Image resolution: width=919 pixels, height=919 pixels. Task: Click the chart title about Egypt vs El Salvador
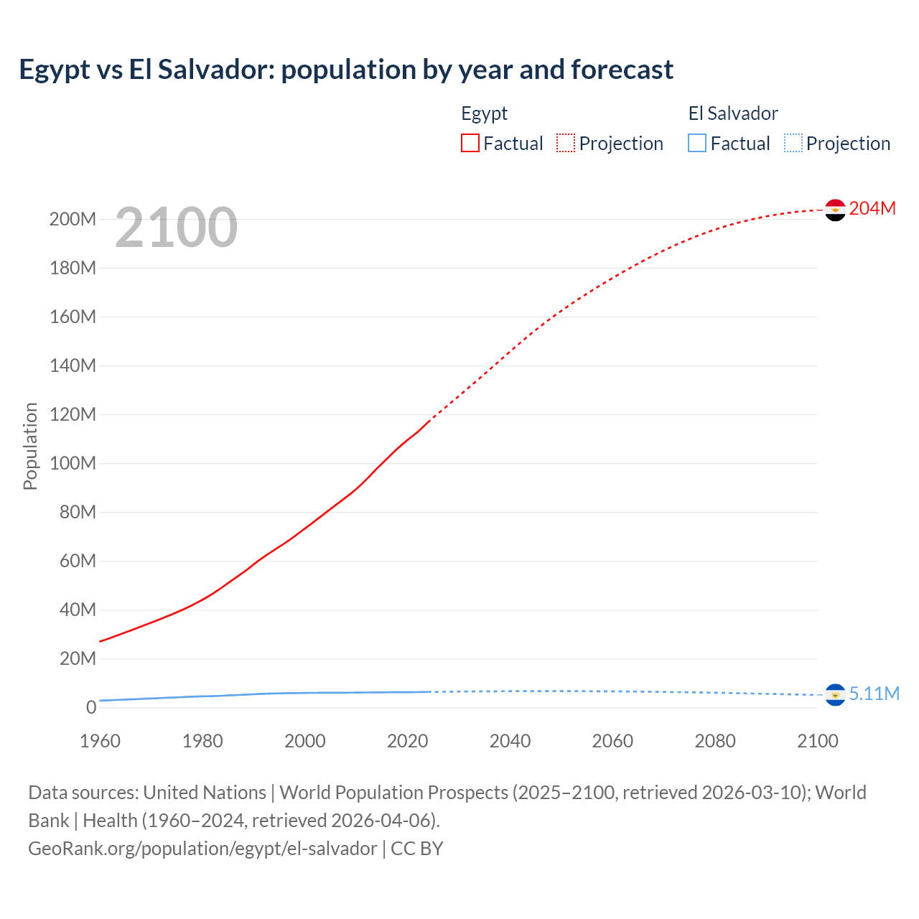point(346,70)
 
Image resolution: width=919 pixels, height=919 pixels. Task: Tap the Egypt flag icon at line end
point(835,210)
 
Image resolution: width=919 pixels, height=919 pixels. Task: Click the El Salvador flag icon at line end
point(835,695)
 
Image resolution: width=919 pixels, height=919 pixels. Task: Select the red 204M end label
point(872,208)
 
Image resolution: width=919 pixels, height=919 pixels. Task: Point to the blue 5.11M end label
point(874,694)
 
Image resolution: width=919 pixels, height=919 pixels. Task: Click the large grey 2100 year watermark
point(176,228)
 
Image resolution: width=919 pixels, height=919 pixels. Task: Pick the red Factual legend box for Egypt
point(470,143)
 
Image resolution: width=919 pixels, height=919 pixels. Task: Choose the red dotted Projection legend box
point(566,143)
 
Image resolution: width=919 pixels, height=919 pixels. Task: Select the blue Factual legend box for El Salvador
point(697,143)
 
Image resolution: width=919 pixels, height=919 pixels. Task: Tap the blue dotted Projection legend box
point(793,143)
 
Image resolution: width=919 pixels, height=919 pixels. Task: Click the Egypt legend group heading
point(484,113)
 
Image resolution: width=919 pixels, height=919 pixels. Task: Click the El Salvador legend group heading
point(733,113)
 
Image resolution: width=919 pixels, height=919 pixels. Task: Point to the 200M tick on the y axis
point(73,219)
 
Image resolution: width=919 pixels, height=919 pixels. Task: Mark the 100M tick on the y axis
point(73,463)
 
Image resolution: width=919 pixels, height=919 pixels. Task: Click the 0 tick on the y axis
point(91,707)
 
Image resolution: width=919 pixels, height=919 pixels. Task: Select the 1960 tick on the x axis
point(100,741)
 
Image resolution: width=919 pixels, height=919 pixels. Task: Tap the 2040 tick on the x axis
point(510,741)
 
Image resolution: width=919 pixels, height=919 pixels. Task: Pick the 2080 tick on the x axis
point(715,741)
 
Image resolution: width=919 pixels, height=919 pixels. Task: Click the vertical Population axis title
point(30,446)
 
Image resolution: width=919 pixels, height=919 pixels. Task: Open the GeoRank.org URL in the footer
point(202,849)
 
